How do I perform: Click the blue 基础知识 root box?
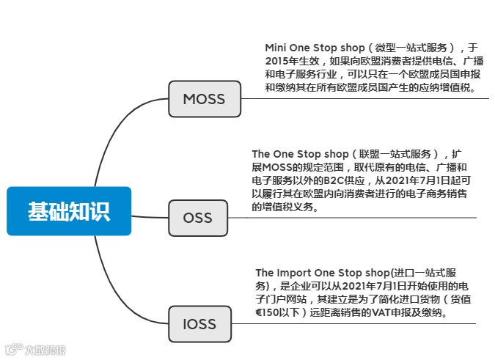69,211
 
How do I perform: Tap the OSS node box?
197,218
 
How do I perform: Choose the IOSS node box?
199,323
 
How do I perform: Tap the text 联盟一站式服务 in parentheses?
396,154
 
